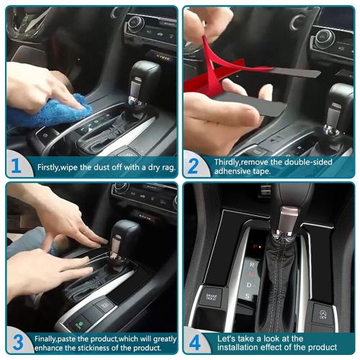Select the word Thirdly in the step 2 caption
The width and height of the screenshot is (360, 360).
coord(229,162)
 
